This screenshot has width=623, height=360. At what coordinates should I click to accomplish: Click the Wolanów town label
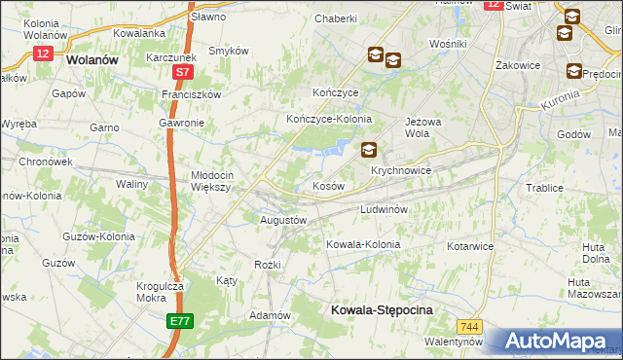tap(92, 59)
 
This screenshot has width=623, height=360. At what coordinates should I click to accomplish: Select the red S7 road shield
tap(182, 72)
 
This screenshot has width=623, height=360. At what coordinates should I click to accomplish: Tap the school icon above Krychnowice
tap(369, 150)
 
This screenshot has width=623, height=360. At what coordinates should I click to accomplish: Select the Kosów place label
tap(328, 185)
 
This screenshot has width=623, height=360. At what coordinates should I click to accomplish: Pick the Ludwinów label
tap(388, 209)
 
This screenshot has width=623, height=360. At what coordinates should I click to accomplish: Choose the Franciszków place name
tap(192, 94)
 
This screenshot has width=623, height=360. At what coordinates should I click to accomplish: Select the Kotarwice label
tap(470, 246)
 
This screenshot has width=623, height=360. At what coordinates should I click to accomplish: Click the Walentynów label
tap(454, 342)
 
